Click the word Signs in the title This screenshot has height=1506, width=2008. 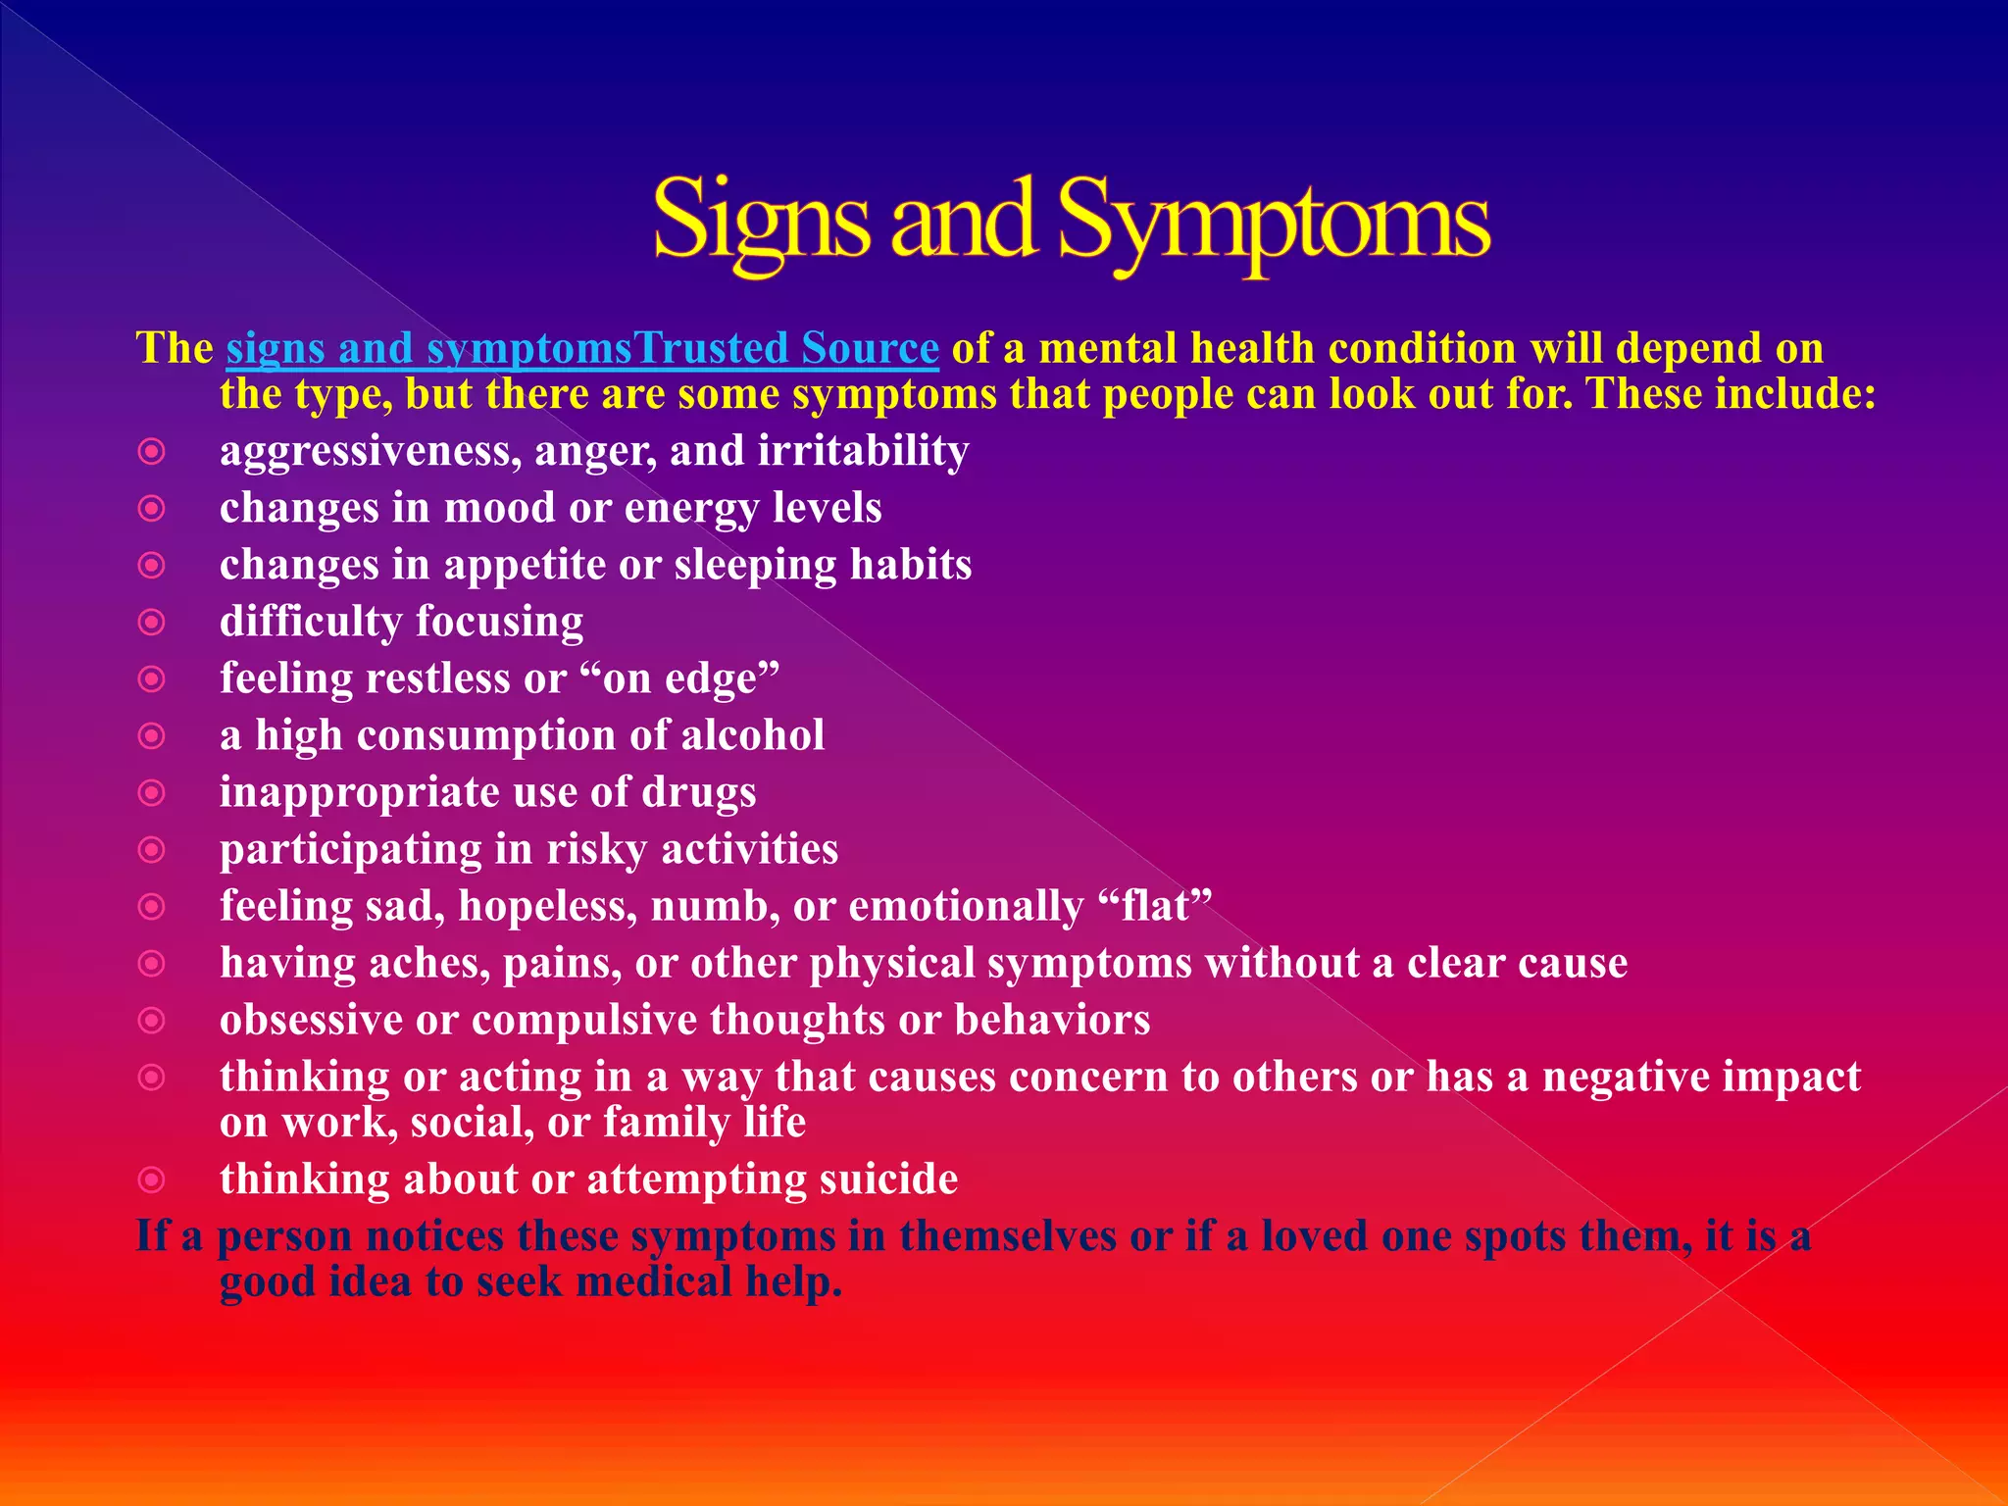[761, 221]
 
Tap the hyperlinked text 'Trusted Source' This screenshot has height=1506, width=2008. [786, 348]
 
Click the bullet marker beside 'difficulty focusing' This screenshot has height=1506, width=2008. [152, 622]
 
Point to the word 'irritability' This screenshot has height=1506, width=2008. [863, 451]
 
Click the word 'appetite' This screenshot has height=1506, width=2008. [526, 565]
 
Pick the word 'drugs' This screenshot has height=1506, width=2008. [698, 792]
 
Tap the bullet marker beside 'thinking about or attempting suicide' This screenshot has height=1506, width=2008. [152, 1179]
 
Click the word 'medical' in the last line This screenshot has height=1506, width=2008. [654, 1281]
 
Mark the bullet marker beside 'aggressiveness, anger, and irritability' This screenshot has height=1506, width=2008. [152, 451]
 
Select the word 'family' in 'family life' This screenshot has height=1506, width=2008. [666, 1122]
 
